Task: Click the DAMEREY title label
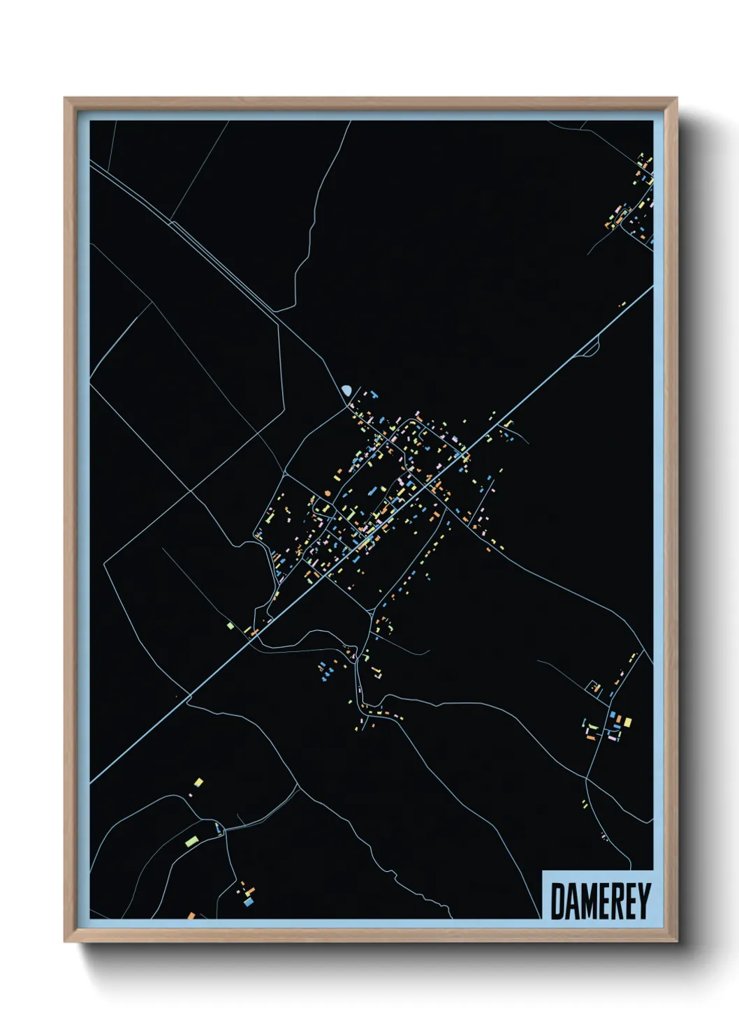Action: click(x=600, y=901)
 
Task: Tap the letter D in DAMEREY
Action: click(x=557, y=901)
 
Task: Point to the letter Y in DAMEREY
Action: click(x=644, y=901)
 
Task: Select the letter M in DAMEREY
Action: click(x=587, y=901)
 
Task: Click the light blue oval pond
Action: click(x=346, y=389)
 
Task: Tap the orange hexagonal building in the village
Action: click(x=327, y=493)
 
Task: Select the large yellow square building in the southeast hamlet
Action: click(x=627, y=722)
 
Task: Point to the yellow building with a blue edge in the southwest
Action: click(x=198, y=783)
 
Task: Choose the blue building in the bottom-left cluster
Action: click(x=249, y=902)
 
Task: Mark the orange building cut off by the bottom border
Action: click(x=191, y=915)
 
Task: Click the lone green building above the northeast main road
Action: click(x=622, y=304)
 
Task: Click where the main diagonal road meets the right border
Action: click(x=652, y=287)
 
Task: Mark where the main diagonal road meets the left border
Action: click(x=91, y=782)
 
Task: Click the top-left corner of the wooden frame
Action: click(x=65, y=98)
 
